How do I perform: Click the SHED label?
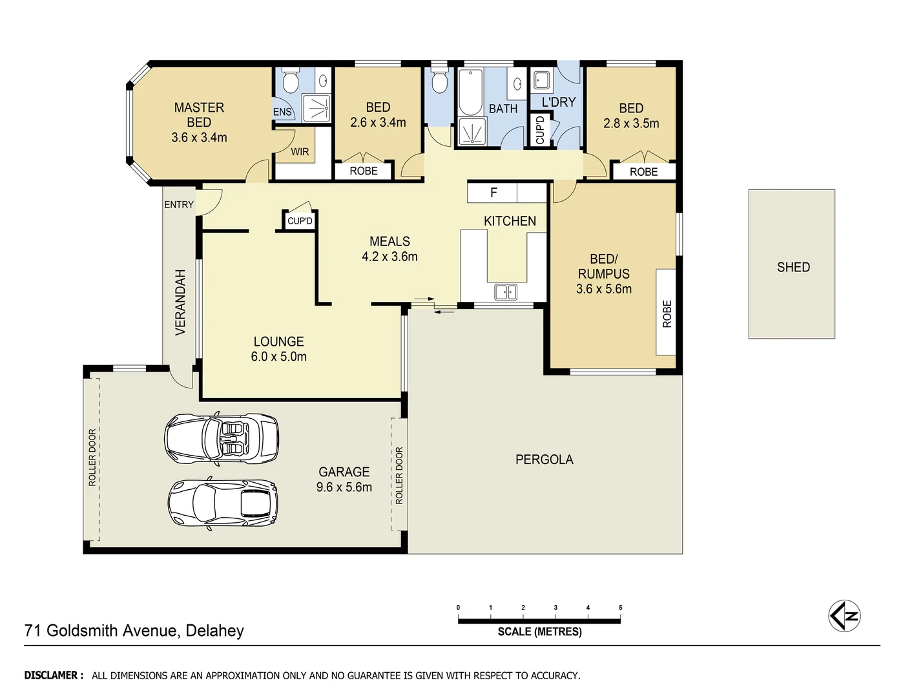[x=793, y=267]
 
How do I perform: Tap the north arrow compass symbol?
[x=844, y=616]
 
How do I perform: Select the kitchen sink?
[x=505, y=292]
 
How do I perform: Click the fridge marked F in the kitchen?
[x=493, y=193]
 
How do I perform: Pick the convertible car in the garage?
[x=222, y=438]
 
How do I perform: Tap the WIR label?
[x=300, y=152]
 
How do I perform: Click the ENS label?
[x=282, y=112]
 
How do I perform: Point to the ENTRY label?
[x=179, y=204]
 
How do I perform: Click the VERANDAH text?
[x=180, y=302]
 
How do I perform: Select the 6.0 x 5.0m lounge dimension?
[x=278, y=356]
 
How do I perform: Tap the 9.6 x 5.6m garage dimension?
[x=344, y=487]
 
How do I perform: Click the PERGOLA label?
[x=544, y=460]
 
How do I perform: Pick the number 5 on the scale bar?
[x=620, y=608]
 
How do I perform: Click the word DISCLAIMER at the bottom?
[x=54, y=675]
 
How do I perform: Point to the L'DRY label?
[x=559, y=102]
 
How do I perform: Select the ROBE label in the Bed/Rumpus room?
[x=667, y=314]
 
